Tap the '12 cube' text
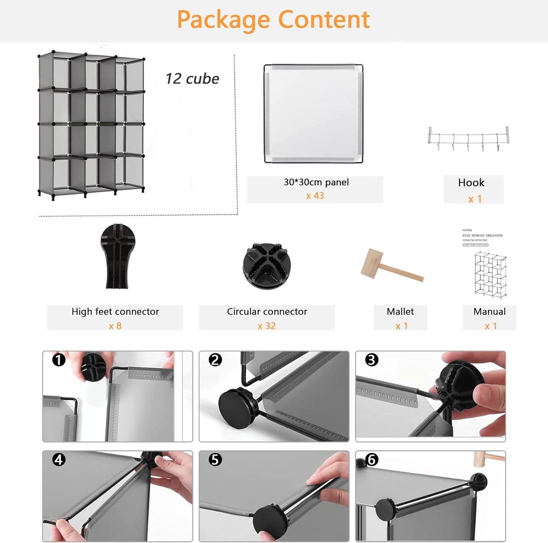(192, 79)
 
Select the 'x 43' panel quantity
(315, 196)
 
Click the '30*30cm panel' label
(316, 182)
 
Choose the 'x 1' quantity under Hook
(474, 199)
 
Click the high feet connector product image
(118, 256)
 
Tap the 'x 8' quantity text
(115, 326)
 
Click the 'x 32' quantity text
(267, 326)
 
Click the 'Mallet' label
(400, 311)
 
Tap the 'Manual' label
(489, 311)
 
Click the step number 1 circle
(59, 360)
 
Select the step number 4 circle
(59, 460)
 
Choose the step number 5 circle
(215, 460)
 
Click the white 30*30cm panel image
(313, 114)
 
